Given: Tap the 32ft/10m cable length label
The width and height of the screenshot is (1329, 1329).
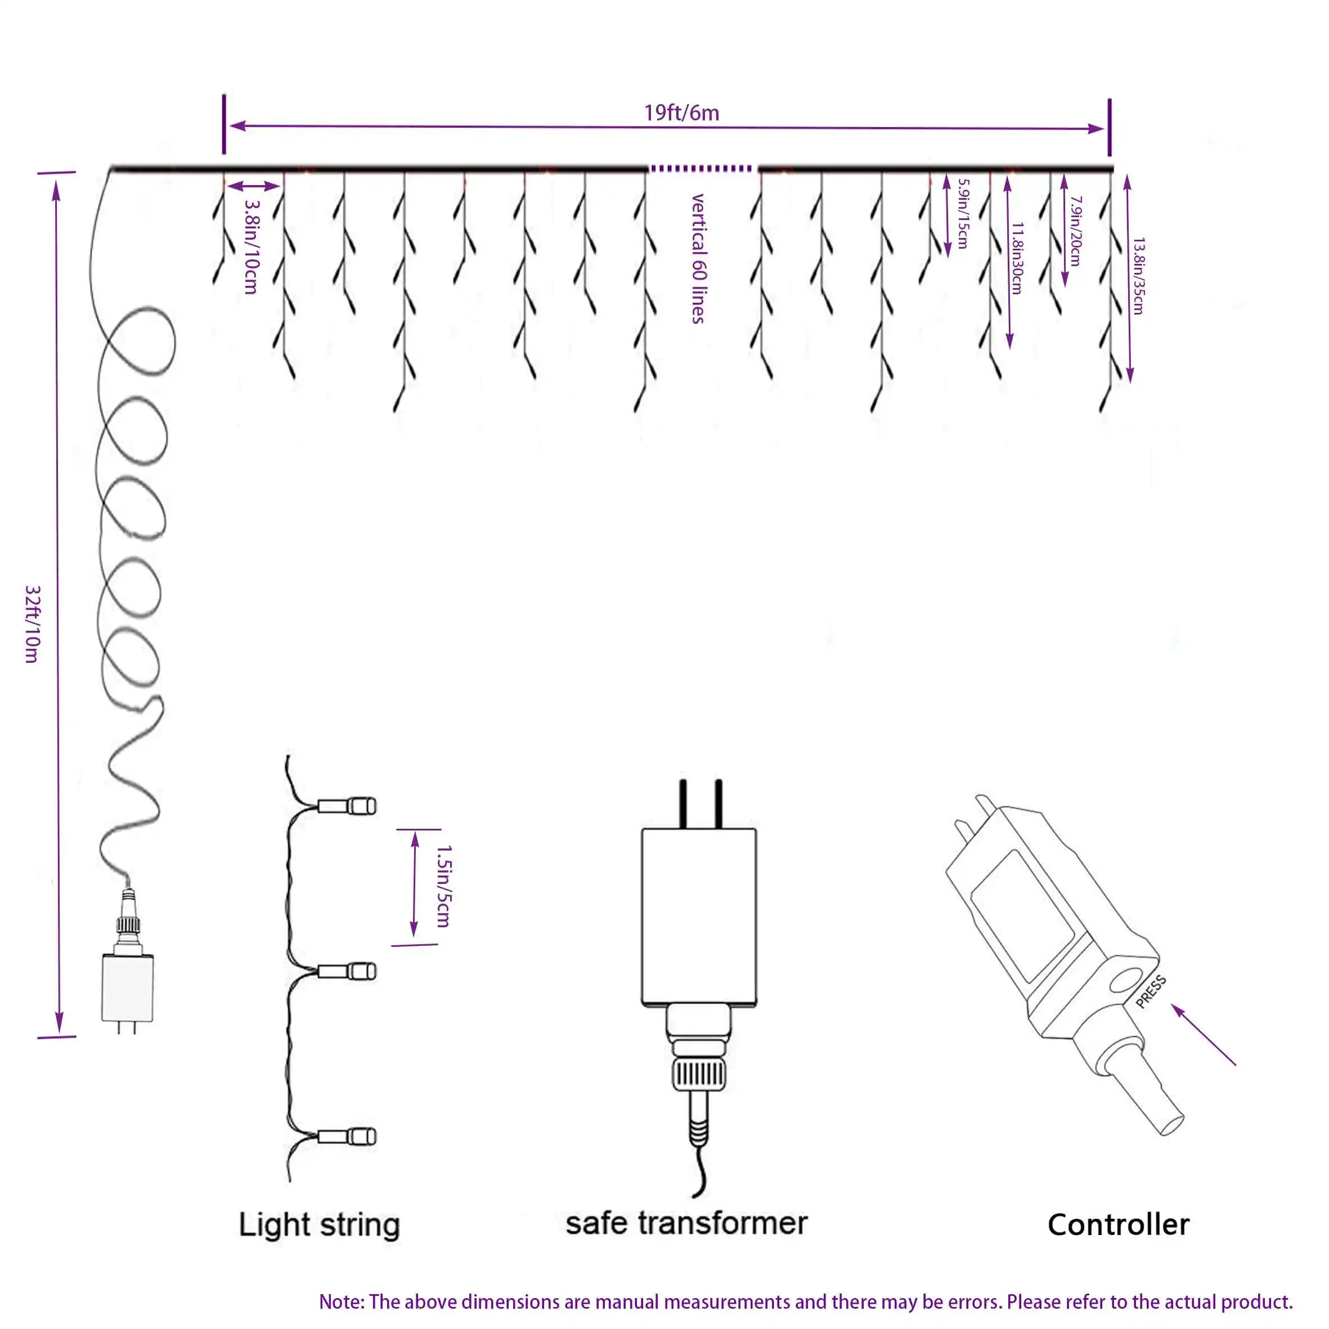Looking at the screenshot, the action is pos(32,624).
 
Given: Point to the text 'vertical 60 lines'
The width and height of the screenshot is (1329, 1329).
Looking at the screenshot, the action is pos(698,259).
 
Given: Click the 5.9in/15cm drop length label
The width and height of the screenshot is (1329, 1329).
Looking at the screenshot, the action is pos(963,213).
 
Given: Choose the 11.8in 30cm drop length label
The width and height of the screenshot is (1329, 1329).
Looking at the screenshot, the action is pos(1017,258).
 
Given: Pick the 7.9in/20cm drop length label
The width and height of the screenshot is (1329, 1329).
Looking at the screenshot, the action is pos(1076,231).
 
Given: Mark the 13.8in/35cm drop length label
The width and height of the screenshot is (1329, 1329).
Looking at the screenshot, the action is pos(1139,276).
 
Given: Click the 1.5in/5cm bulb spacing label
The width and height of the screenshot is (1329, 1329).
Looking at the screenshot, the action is pos(445,887).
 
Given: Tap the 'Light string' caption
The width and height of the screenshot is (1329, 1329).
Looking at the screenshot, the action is pos(319,1225).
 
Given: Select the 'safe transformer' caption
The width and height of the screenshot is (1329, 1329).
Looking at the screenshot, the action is pos(686,1223).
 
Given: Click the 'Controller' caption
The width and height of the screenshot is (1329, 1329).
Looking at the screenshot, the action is pos(1118,1225).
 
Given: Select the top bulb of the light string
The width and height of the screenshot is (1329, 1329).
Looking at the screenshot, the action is pos(347,806).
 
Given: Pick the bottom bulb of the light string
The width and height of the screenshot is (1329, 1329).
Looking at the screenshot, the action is pos(347,1137).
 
